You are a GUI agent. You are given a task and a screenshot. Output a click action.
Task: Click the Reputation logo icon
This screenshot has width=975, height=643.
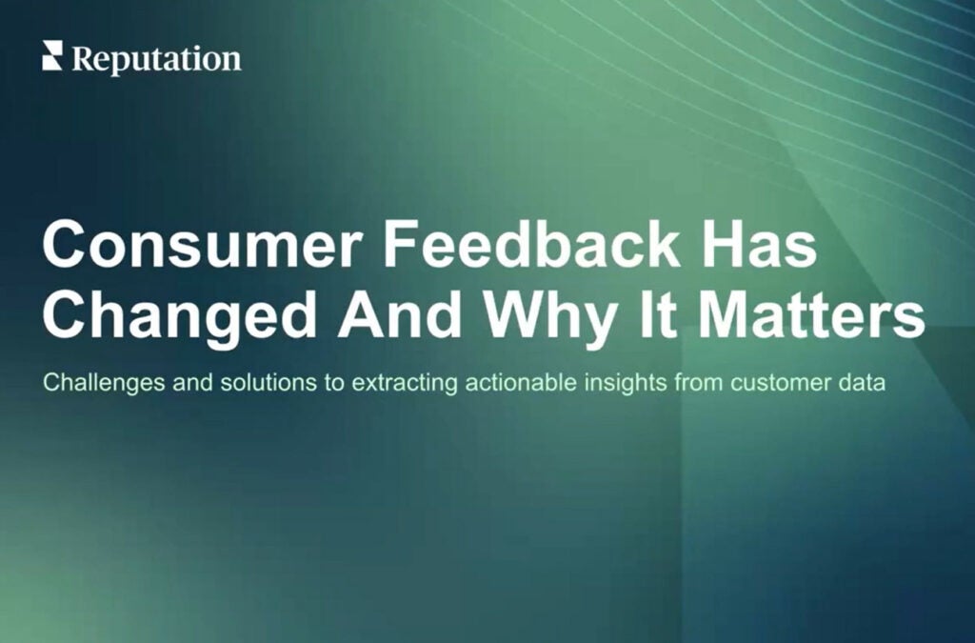tap(51, 57)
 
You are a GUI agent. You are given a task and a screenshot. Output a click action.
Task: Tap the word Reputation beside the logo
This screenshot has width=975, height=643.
tap(156, 59)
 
